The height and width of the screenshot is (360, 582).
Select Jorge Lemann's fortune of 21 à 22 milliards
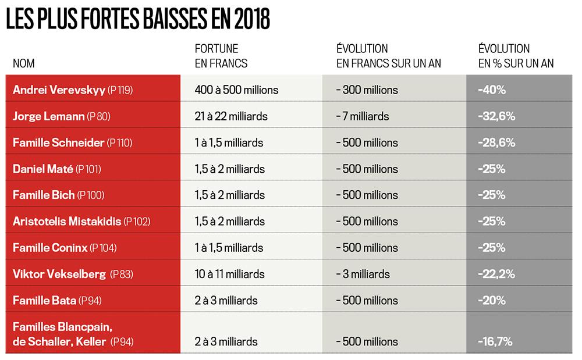coord(231,116)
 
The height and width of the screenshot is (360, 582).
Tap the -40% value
coord(491,90)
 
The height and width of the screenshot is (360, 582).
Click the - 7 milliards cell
coord(363,116)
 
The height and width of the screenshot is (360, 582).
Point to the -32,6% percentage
coord(496,116)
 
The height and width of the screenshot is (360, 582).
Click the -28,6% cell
coord(496,142)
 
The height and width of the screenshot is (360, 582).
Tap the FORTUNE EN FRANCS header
coord(221,56)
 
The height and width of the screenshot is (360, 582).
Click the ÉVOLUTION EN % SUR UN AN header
coord(516,56)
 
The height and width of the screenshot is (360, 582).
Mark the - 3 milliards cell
coord(363,274)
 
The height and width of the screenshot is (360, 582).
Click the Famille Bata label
coord(45,301)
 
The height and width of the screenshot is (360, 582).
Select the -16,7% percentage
coord(495,342)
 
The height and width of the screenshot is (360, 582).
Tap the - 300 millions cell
coord(367,90)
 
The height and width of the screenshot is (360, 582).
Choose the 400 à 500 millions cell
coord(237,90)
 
